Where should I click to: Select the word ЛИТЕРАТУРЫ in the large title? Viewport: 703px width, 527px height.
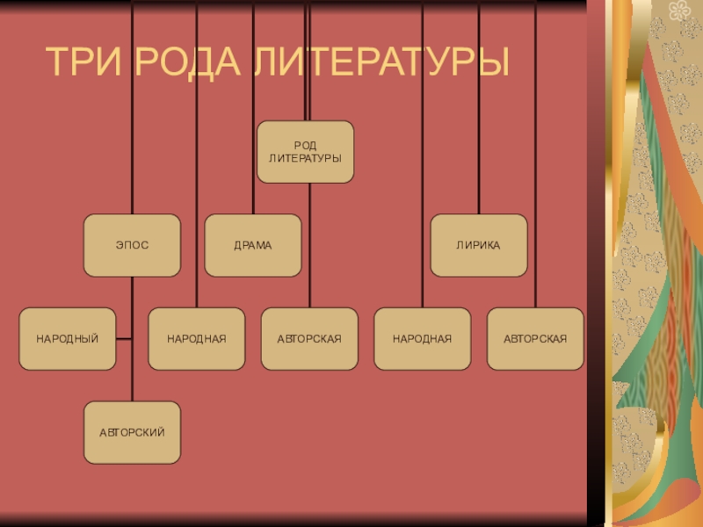tap(382, 61)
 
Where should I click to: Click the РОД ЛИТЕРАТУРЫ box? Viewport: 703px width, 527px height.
tap(305, 151)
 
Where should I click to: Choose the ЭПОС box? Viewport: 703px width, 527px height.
tap(132, 245)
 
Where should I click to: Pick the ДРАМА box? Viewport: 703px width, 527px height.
tap(253, 245)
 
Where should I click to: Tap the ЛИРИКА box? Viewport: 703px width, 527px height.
tap(478, 245)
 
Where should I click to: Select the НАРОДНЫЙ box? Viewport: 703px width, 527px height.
tap(68, 338)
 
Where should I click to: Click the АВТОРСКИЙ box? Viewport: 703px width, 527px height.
tap(132, 432)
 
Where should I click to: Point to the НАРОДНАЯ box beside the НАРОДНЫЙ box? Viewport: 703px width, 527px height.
tap(197, 338)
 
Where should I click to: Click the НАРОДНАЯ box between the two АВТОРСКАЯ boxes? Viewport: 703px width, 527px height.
tap(422, 338)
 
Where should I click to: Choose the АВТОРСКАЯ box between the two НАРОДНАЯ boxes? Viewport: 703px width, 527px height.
tap(309, 338)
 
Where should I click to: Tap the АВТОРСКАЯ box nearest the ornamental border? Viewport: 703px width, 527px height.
tap(535, 338)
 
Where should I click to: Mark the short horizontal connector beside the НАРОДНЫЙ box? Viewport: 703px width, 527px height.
tap(124, 338)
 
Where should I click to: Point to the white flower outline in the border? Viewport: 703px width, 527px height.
tap(678, 11)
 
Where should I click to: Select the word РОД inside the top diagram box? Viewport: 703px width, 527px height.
tap(305, 145)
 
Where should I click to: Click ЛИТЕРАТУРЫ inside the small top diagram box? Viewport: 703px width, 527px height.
tap(305, 157)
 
